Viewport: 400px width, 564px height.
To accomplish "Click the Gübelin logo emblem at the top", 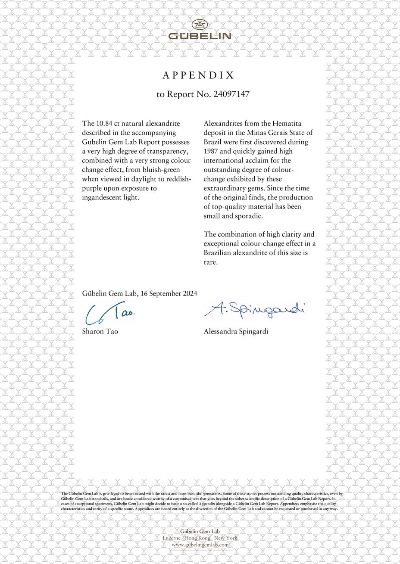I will coord(200,25).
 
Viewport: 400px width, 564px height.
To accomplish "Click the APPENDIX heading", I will coord(199,75).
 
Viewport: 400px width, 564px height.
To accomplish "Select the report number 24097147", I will coord(231,94).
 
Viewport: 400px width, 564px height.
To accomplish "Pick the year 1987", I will coord(212,151).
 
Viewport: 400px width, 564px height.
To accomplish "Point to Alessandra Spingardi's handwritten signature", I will coord(254,310).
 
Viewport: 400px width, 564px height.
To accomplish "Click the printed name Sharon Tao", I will coord(100,331).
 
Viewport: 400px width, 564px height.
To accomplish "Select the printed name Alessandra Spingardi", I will coord(236,331).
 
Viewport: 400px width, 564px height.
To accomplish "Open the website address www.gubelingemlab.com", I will coord(200,545).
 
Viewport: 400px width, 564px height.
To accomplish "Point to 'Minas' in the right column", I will coord(256,133).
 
